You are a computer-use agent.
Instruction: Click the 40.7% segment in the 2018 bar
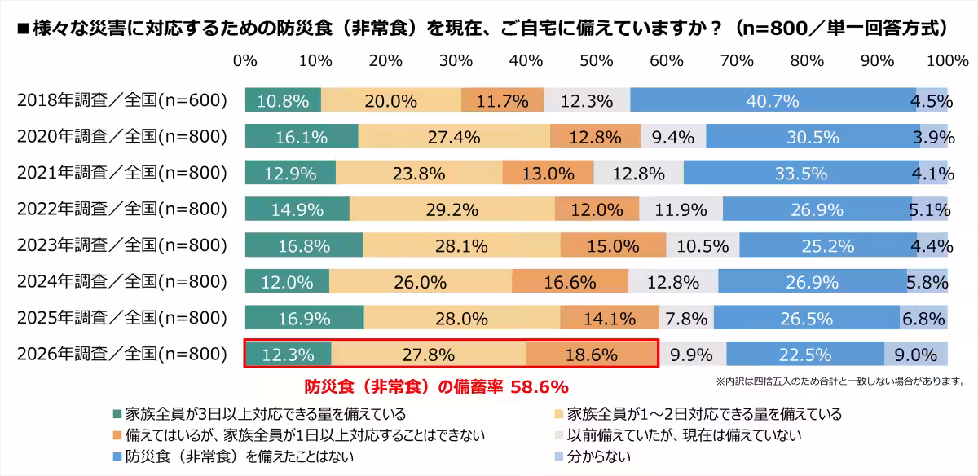tap(773, 100)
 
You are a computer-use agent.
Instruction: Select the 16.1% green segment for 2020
tap(302, 137)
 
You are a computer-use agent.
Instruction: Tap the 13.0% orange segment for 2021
tap(548, 173)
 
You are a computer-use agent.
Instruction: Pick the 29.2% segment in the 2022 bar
tap(452, 209)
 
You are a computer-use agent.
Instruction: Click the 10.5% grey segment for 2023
tap(703, 245)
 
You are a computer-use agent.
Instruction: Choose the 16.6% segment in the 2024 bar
tap(570, 282)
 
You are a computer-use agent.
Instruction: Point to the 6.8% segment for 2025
tap(923, 318)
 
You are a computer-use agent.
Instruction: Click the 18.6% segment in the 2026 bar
tap(592, 355)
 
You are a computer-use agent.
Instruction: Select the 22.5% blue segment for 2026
tap(805, 355)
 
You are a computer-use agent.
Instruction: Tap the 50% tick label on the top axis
tap(597, 61)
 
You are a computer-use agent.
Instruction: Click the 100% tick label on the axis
tap(947, 61)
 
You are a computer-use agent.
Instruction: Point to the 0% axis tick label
tap(245, 61)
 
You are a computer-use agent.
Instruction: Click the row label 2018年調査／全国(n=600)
tap(121, 100)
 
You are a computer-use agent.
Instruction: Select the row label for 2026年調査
tap(121, 355)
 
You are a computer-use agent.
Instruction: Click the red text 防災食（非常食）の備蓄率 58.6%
tap(435, 386)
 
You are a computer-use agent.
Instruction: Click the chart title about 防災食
tap(481, 28)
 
